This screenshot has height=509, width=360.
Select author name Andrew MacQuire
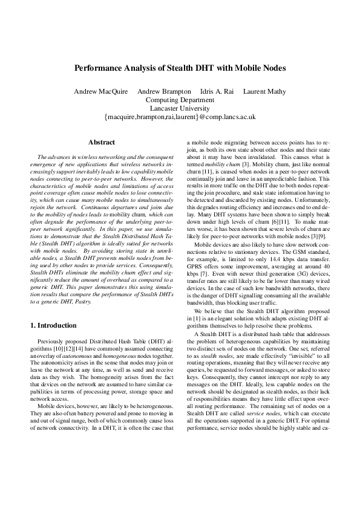click(99, 91)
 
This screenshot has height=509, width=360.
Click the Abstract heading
click(102, 143)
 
